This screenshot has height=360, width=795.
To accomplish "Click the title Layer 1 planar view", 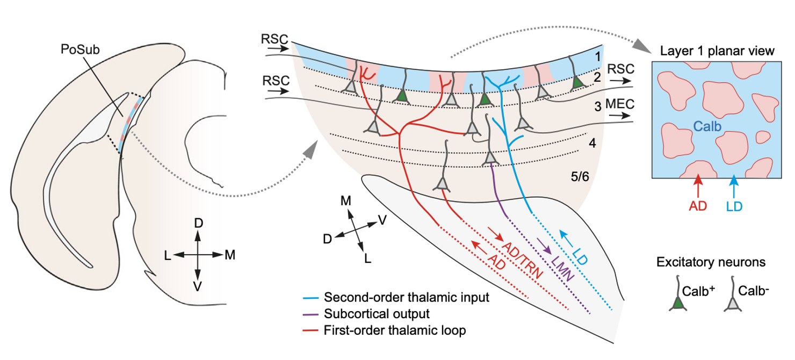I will [x=716, y=52].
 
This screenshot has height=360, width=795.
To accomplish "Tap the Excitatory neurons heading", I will [x=711, y=263].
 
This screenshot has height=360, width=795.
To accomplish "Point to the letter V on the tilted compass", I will [x=381, y=219].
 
